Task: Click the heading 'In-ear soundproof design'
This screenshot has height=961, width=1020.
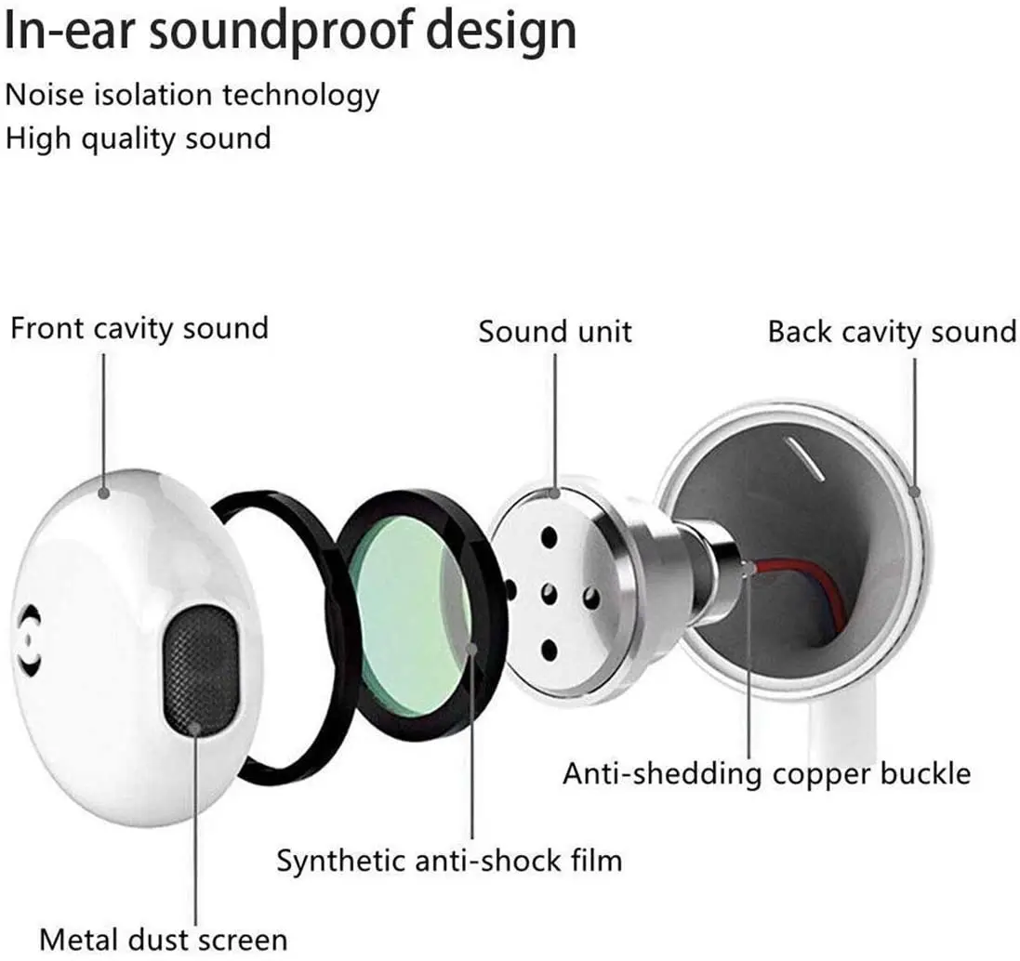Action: pos(290,31)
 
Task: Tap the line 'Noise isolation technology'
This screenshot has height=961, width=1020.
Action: pos(192,95)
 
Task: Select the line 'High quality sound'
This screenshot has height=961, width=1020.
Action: pos(139,138)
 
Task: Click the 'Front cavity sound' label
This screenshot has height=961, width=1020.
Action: pos(139,328)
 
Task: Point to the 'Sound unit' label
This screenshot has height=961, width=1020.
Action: pos(555,332)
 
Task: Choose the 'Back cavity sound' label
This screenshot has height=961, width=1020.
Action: pos(892,332)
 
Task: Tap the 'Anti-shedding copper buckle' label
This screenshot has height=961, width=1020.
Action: pos(766,772)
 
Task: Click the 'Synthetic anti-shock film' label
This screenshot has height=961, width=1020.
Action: pos(449,860)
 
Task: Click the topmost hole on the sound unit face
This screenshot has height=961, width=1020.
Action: pos(550,536)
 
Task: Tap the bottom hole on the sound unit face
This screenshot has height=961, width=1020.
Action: pos(550,650)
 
